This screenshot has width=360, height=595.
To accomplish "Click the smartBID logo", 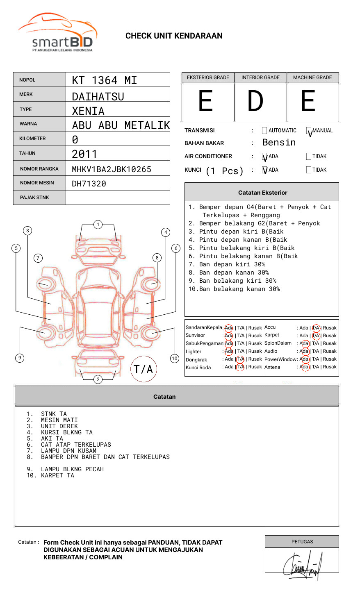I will pyautogui.click(x=57, y=33).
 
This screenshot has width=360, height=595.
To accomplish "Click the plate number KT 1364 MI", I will pyautogui.click(x=104, y=80).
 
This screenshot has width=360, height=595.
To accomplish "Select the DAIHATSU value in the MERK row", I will pyautogui.click(x=98, y=97).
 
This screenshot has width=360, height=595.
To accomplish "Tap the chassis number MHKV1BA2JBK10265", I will pyautogui.click(x=111, y=169).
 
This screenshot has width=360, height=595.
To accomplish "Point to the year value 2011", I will pyautogui.click(x=84, y=154).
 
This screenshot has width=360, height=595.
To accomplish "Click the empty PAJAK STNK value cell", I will pyautogui.click(x=118, y=198).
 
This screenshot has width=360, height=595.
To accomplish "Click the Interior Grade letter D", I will pyautogui.click(x=255, y=101).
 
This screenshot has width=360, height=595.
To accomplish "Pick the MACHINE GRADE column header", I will pyautogui.click(x=312, y=77).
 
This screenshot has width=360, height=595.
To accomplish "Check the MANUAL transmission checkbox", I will pyautogui.click(x=309, y=131).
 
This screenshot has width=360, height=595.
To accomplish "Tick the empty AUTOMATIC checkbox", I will pyautogui.click(x=264, y=131).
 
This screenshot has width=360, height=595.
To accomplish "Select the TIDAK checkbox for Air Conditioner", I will pyautogui.click(x=309, y=157).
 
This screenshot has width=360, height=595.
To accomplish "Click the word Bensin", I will pyautogui.click(x=279, y=143).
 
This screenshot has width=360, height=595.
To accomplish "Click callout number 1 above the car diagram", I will pyautogui.click(x=98, y=225).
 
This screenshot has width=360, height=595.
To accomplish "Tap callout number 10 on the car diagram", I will pyautogui.click(x=175, y=359).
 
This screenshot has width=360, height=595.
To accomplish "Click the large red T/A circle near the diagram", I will pyautogui.click(x=144, y=369).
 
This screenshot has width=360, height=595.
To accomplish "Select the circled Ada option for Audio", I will pyautogui.click(x=304, y=351).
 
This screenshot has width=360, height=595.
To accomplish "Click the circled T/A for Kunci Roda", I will pyautogui.click(x=240, y=367).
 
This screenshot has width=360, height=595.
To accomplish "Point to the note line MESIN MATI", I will pyautogui.click(x=59, y=420).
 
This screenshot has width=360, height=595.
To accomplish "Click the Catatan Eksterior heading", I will pyautogui.click(x=262, y=193).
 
